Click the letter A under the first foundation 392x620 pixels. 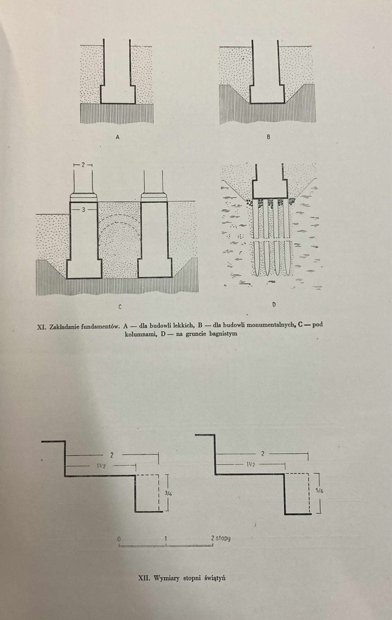pyautogui.click(x=117, y=137)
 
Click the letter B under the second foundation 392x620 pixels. pyautogui.click(x=268, y=137)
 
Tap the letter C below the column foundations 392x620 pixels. pyautogui.click(x=120, y=307)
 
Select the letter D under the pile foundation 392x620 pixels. pyautogui.click(x=274, y=305)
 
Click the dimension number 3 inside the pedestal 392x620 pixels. pyautogui.click(x=84, y=210)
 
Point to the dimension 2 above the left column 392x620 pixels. pyautogui.click(x=83, y=165)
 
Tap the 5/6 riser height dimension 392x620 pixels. pyautogui.click(x=320, y=491)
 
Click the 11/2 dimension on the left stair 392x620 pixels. pyautogui.click(x=101, y=466)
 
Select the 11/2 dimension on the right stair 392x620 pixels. pyautogui.click(x=251, y=465)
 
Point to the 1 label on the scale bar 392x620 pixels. pyautogui.click(x=165, y=538)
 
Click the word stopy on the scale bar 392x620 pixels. pyautogui.click(x=223, y=538)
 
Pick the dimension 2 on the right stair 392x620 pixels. pyautogui.click(x=263, y=453)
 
